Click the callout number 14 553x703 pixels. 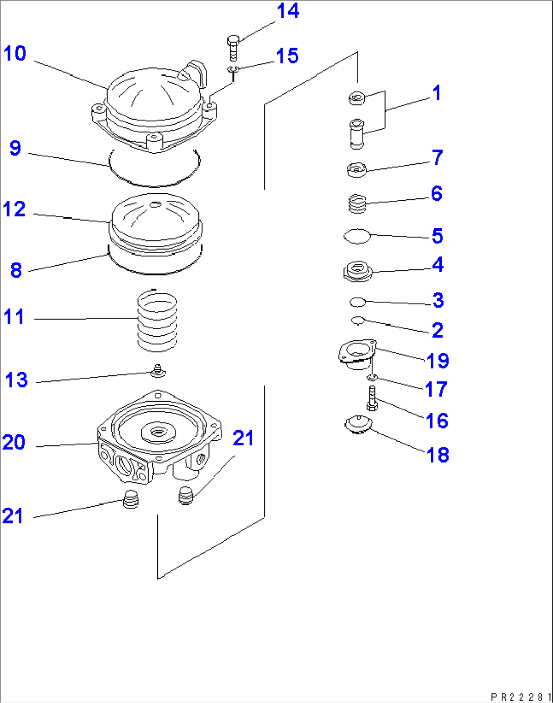[288, 11]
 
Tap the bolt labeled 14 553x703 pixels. [233, 48]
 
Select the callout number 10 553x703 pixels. [15, 53]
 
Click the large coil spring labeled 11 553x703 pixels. [157, 321]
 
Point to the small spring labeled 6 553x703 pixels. [357, 204]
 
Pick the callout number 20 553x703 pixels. [14, 442]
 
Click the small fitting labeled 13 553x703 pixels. [158, 371]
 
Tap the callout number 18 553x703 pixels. [437, 455]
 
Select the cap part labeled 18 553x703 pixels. [358, 424]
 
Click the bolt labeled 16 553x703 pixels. [372, 399]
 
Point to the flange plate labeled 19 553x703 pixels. [357, 353]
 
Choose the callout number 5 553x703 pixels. [437, 236]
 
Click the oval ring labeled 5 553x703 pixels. [357, 236]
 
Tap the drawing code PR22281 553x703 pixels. [521, 697]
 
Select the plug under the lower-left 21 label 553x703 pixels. [130, 500]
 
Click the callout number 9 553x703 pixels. [15, 148]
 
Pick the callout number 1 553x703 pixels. [436, 93]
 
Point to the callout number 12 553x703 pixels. [14, 209]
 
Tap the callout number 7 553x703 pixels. [437, 157]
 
